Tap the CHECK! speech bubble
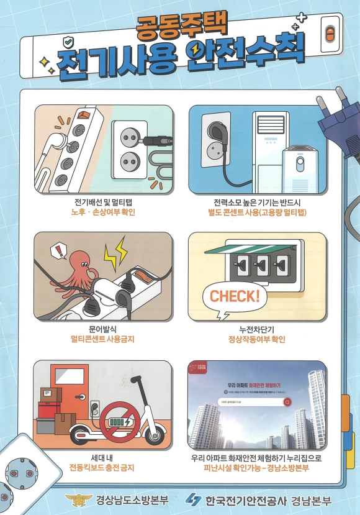tap(235, 296)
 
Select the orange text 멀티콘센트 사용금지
tap(102, 339)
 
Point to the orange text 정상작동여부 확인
tap(257, 339)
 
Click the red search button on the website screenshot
tap(287, 402)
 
